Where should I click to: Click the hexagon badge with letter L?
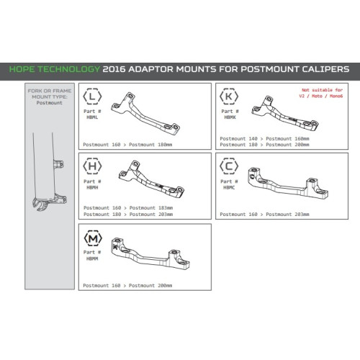92,96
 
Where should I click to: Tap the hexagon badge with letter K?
229,96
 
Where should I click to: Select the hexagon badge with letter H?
92,166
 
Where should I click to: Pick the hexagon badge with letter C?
229,166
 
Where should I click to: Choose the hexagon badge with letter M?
93,238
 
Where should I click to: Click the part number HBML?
92,117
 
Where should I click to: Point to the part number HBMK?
230,117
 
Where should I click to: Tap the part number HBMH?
92,187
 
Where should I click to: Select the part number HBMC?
229,187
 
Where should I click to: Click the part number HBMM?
92,258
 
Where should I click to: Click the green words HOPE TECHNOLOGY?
55,69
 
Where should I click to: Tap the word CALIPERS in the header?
325,69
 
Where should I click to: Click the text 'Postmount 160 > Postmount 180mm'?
127,145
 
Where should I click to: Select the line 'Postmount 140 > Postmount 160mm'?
264,139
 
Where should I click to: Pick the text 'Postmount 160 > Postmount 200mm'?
127,286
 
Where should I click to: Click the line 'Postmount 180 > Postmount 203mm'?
128,215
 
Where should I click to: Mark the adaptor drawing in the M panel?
150,254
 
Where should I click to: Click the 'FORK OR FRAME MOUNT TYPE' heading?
50,94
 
